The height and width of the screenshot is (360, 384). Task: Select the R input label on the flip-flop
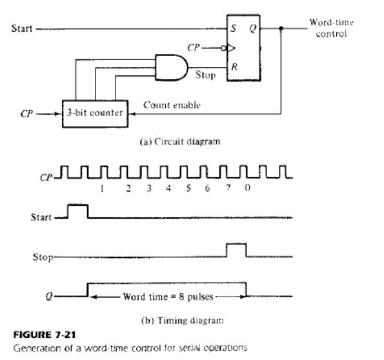click(x=234, y=66)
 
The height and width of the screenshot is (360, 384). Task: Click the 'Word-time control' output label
click(x=331, y=28)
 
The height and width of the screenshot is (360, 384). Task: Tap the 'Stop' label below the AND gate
click(x=205, y=76)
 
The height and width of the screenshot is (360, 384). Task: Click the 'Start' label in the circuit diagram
click(x=18, y=28)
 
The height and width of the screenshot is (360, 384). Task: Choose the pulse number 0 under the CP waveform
click(x=248, y=188)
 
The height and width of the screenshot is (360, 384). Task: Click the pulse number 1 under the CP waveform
click(x=103, y=188)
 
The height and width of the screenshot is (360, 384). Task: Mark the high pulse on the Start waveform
click(x=77, y=210)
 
